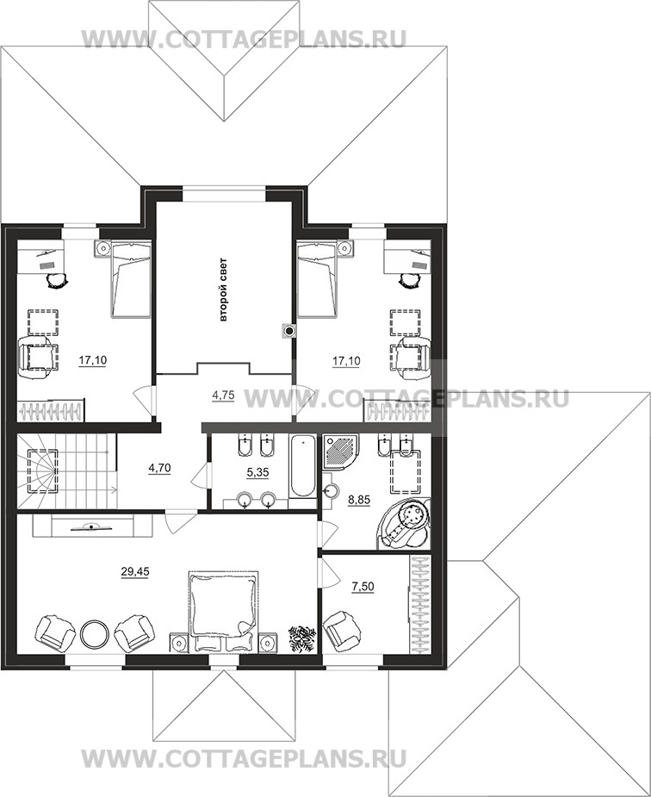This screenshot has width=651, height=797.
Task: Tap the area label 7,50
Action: click(363, 587)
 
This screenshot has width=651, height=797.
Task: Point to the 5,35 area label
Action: click(257, 473)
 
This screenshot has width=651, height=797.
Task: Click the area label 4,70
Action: click(159, 468)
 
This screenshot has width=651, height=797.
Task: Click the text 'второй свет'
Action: click(223, 290)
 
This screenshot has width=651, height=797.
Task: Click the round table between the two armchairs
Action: click(93, 633)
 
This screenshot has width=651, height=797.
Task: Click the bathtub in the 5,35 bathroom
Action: click(302, 467)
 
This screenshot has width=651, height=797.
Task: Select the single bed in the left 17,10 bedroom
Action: click(131, 279)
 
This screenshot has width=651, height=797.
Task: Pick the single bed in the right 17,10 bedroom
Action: click(317, 279)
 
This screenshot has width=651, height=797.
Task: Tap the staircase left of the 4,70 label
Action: click(67, 470)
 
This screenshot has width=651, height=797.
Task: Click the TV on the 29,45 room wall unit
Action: click(92, 527)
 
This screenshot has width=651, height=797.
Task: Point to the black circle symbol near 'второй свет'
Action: click(289, 332)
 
